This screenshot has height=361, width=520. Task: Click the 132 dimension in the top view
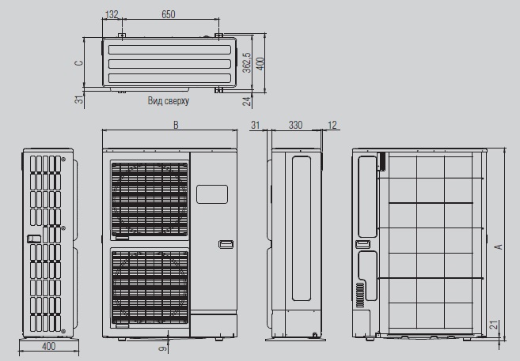[x=112, y=14]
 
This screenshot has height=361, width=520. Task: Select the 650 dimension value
[x=168, y=14]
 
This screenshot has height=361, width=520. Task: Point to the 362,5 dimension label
[x=246, y=62]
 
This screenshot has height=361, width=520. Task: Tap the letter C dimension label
[x=79, y=62]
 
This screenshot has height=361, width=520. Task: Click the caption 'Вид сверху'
[x=169, y=100]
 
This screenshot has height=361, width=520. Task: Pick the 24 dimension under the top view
[x=247, y=101]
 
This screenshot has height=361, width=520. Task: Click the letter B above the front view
[x=176, y=125]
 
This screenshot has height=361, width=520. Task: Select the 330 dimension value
[x=295, y=125]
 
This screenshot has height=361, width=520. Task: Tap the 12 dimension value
[x=332, y=125]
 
